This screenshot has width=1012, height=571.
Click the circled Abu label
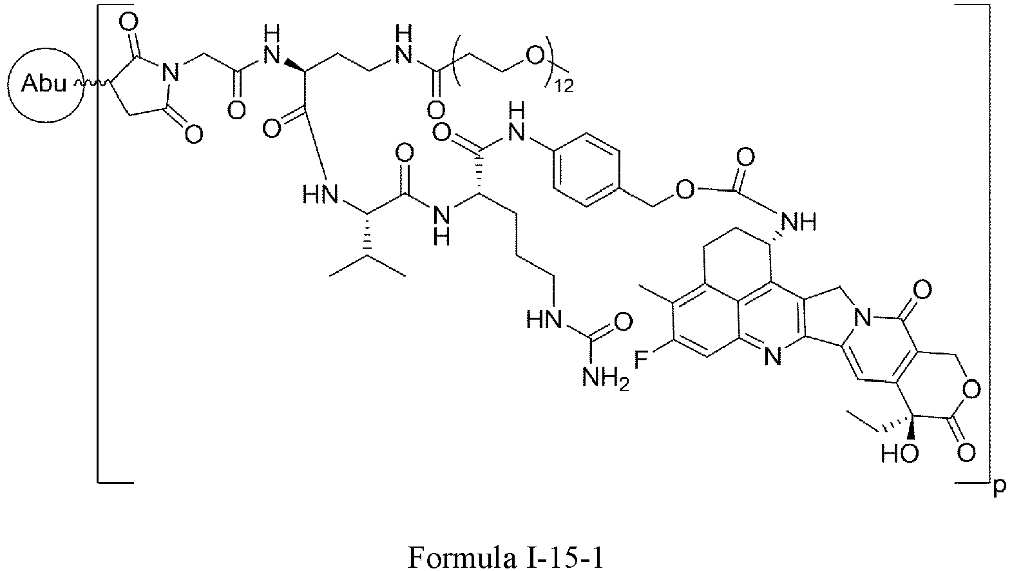[44, 84]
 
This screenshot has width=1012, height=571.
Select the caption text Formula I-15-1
[506, 557]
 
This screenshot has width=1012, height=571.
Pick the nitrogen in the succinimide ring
[170, 73]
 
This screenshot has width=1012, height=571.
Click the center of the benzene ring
[587, 170]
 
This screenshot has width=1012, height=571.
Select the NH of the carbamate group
[800, 223]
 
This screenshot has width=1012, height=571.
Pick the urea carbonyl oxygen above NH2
[624, 320]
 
